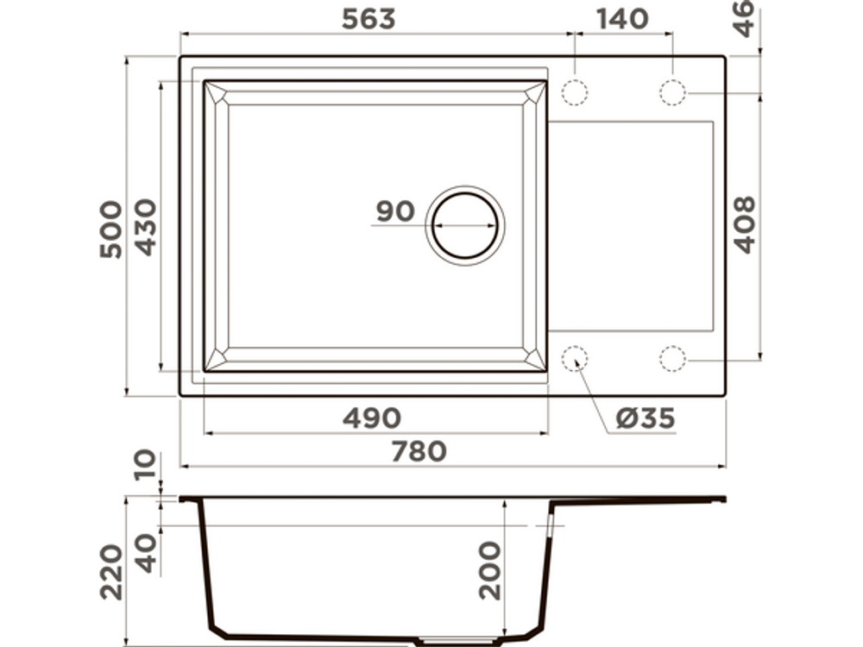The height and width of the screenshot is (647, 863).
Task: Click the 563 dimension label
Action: click(x=369, y=19)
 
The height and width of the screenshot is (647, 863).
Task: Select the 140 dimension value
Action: click(x=622, y=19)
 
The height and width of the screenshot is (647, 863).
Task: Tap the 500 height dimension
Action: click(x=110, y=229)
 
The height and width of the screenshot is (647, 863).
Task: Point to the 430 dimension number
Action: click(x=146, y=227)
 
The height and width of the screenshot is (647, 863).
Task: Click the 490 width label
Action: click(x=371, y=418)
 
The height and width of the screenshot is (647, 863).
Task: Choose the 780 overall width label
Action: click(x=419, y=452)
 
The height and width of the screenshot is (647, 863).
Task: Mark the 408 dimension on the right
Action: click(x=745, y=224)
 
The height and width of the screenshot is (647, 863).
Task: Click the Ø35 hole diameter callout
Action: click(x=645, y=418)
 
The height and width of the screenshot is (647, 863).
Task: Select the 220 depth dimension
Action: click(x=110, y=572)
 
